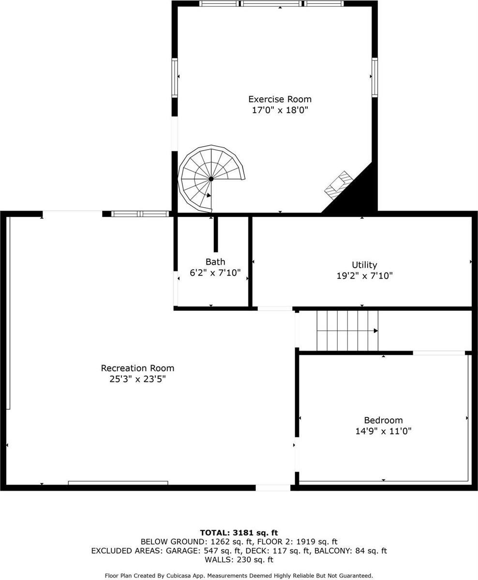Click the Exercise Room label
(x=280, y=99)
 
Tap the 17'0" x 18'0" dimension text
(x=280, y=110)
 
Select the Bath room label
(x=215, y=262)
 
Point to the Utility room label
(x=364, y=265)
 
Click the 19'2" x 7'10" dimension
(x=364, y=275)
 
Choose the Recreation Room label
(x=137, y=368)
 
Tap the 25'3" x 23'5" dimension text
(x=137, y=379)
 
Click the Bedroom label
(x=383, y=420)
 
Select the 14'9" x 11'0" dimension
(x=383, y=431)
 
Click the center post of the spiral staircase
(x=211, y=179)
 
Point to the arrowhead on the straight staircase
(x=376, y=331)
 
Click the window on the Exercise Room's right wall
(x=374, y=77)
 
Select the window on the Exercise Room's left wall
(x=175, y=77)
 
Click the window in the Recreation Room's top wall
(x=140, y=214)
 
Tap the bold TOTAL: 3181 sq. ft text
(x=239, y=533)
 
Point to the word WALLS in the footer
(x=218, y=560)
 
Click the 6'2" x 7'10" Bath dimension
(x=215, y=273)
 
